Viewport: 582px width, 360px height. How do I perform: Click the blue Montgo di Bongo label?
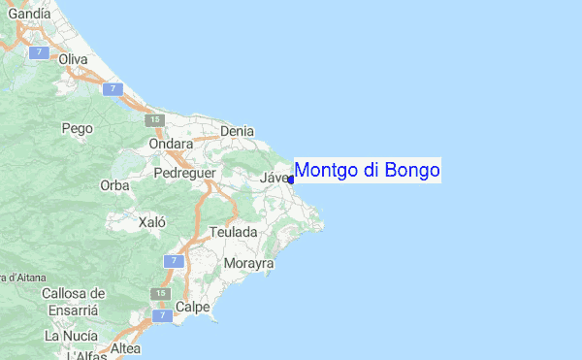point(367,171)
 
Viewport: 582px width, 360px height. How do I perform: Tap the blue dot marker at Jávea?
point(291,180)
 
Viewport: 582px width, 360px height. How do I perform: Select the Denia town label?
point(238,131)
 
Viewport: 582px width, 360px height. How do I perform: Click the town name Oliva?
point(73,59)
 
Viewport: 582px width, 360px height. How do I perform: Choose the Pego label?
point(77,127)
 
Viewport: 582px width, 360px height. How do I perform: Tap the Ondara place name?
point(171,144)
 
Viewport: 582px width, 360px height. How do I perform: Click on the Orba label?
point(114,185)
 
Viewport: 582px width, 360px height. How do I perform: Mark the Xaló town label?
point(152,222)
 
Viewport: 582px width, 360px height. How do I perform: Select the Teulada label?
point(234,233)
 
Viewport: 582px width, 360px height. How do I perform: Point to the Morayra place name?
point(249,264)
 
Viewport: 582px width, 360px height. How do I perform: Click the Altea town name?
point(125,348)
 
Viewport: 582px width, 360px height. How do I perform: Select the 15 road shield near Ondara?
point(155,120)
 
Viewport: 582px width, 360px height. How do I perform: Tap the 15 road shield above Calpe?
point(155,293)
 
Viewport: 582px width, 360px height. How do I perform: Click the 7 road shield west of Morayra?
point(173,261)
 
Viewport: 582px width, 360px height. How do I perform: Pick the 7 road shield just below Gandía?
point(39,51)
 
